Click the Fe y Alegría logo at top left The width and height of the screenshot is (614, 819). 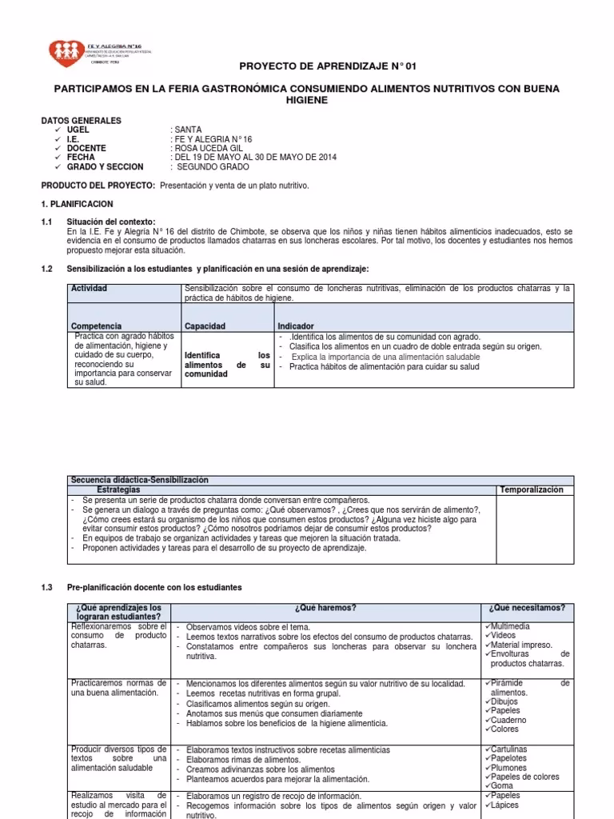tap(71, 52)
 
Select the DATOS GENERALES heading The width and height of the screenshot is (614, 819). tap(81, 120)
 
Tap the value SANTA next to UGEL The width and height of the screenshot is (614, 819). tap(188, 130)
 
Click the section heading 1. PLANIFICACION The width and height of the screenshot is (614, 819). tap(77, 205)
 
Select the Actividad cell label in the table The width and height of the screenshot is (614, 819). tap(90, 288)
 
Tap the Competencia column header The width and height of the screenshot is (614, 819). tap(96, 326)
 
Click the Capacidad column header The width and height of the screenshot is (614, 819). tap(205, 326)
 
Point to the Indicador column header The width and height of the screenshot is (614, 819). tap(296, 326)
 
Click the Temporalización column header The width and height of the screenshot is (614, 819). tap(531, 489)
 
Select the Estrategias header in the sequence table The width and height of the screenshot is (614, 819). tap(118, 489)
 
